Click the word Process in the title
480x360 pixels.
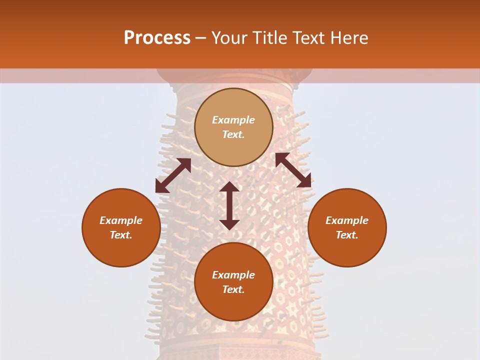pos(157,38)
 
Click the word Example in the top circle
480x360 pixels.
pos(233,120)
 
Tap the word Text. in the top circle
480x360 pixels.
pos(233,134)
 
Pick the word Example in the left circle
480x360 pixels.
pos(121,220)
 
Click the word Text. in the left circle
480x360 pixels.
pos(121,235)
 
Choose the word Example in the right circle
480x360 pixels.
pos(347,220)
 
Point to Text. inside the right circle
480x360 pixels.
pos(347,235)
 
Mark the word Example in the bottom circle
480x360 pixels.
pos(233,275)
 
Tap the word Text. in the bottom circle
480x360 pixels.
pos(233,289)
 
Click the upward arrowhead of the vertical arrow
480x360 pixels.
pos(229,186)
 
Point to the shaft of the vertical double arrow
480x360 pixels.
pos(229,205)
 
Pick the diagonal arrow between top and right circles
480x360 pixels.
pos(293,170)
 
